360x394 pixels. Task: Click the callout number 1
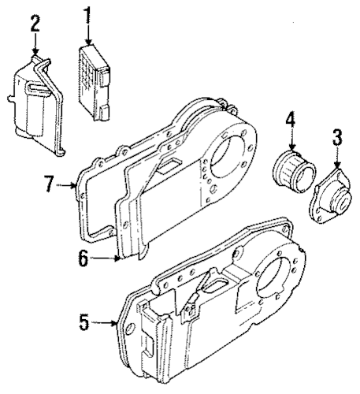click(87, 16)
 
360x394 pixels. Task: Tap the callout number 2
click(35, 23)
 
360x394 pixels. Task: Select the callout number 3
click(337, 137)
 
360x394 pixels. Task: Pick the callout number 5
click(85, 322)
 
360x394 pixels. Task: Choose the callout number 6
click(83, 258)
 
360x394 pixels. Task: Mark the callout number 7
click(50, 184)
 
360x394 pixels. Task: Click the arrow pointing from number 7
click(67, 185)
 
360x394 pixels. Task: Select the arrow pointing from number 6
click(105, 258)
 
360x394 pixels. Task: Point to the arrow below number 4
click(291, 140)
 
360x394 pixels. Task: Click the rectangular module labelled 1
click(94, 84)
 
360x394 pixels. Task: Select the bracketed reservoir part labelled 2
click(36, 106)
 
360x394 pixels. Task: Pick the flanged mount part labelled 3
click(330, 196)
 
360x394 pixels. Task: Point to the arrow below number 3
click(337, 157)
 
